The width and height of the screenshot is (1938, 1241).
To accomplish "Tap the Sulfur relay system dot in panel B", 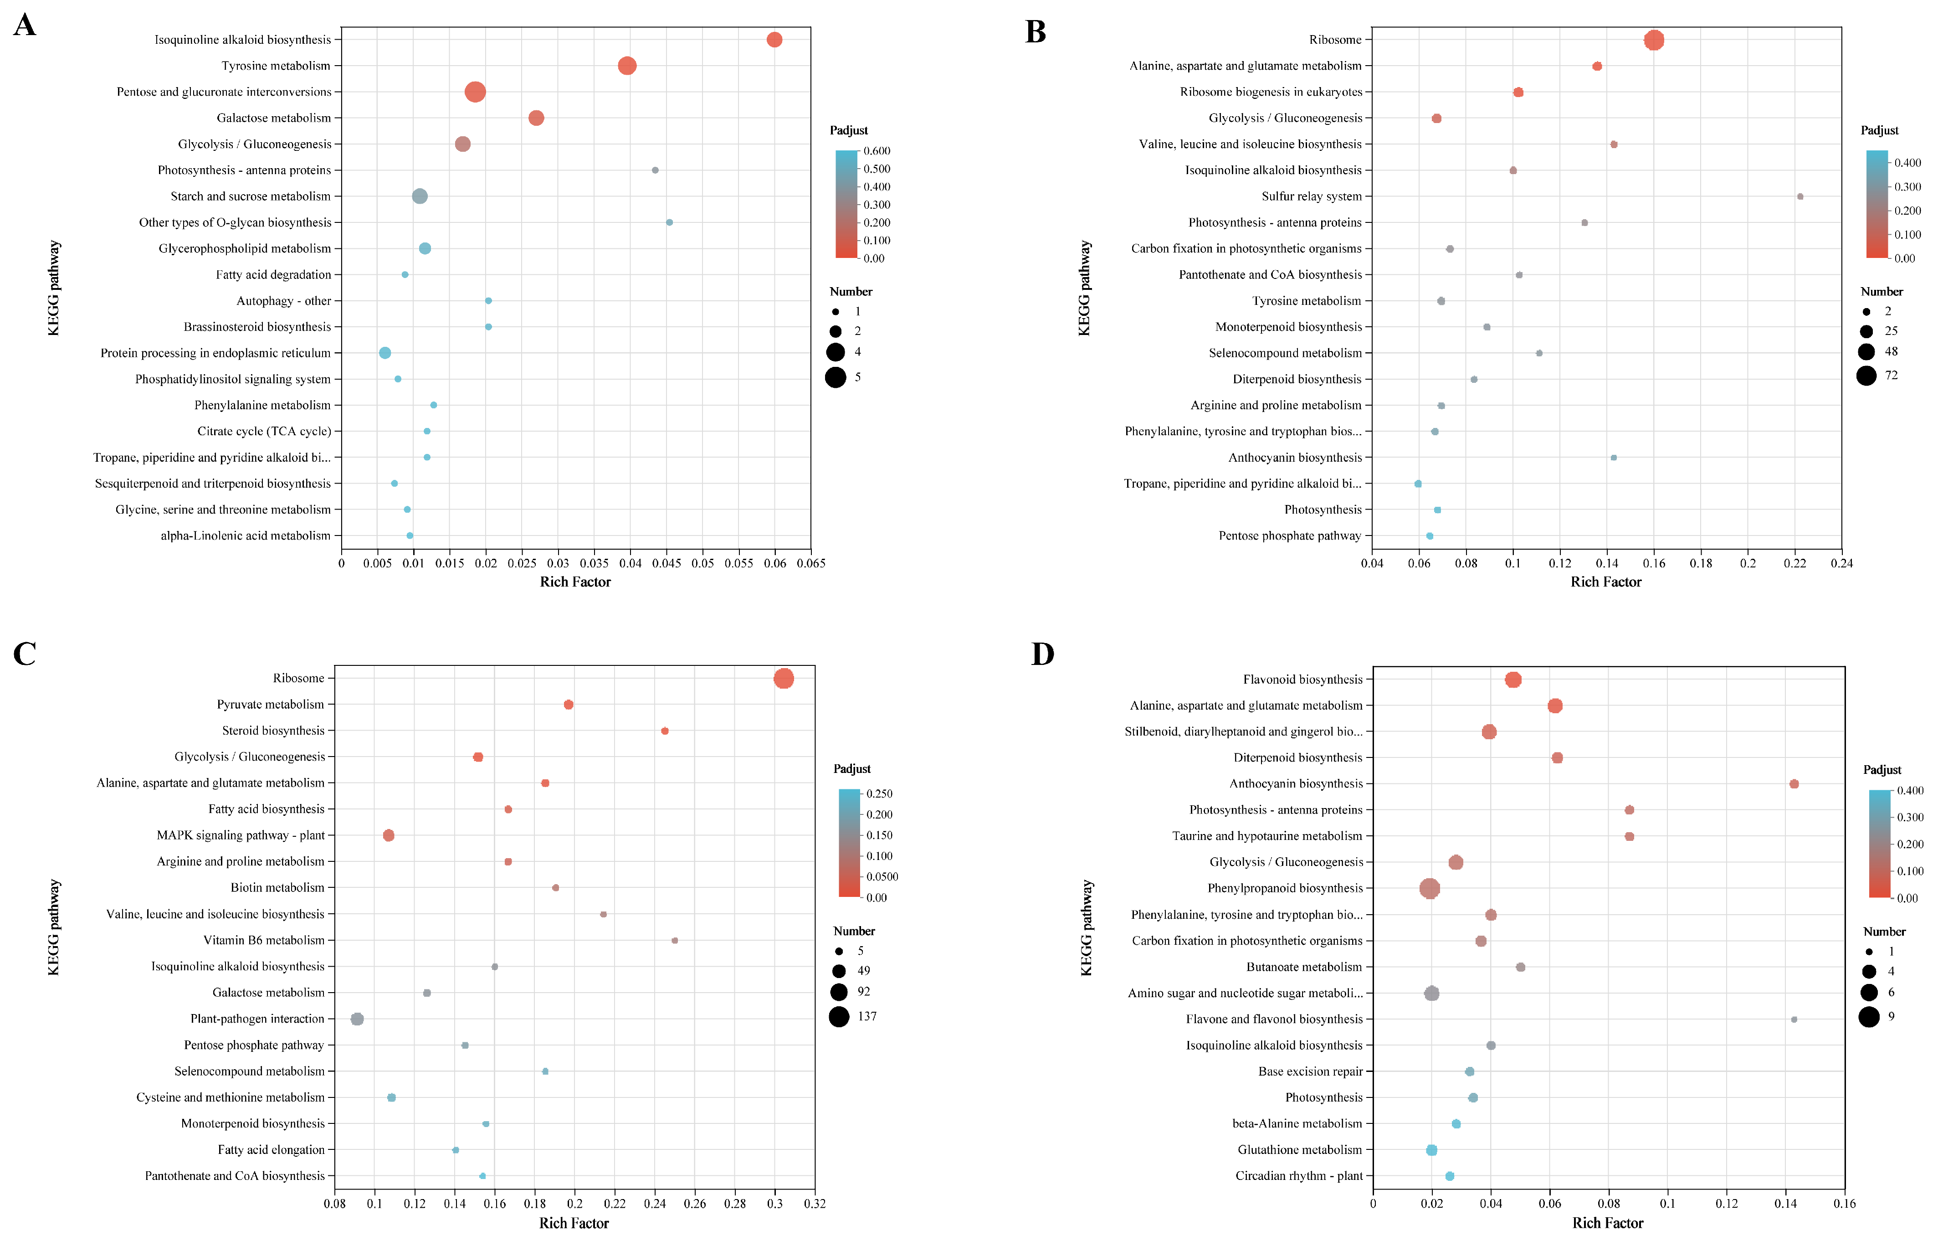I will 1800,196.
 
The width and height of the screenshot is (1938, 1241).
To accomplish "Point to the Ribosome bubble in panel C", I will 783,679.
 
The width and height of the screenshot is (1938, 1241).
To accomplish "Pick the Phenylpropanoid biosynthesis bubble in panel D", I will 1429,888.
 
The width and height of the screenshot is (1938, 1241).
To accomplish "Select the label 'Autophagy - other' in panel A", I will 283,301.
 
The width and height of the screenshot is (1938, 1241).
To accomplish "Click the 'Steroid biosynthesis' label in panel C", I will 273,731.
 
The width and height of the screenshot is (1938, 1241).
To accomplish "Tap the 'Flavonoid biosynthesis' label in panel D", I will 1302,680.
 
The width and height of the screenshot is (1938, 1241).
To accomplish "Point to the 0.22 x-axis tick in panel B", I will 1794,563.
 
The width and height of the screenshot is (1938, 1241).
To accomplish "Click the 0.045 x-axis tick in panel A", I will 666,563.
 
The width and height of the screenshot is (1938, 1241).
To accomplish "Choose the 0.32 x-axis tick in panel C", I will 815,1204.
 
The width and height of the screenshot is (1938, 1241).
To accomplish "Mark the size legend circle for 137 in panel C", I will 839,1017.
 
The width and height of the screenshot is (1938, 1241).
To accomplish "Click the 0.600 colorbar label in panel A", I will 877,151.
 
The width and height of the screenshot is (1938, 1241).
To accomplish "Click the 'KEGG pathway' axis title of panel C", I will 54,927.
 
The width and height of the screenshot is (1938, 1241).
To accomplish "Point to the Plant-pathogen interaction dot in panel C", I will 357,1020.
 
